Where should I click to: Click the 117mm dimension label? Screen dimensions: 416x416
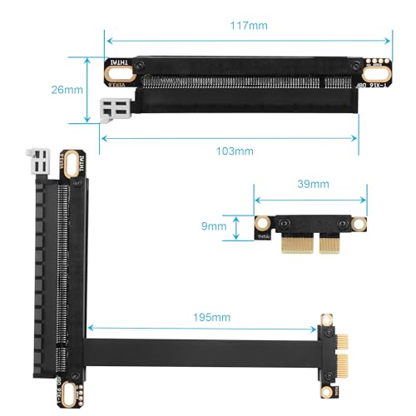point(250,26)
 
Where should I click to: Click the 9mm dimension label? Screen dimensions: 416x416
point(214,225)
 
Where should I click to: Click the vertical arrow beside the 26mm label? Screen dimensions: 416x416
point(87,89)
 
